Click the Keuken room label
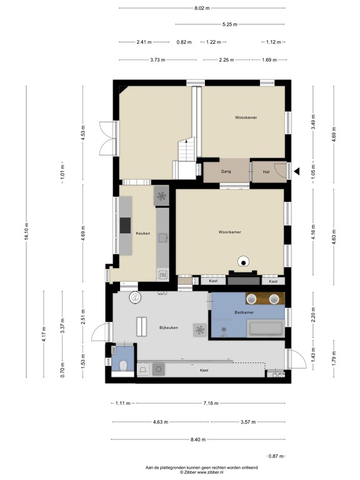coord(143,233)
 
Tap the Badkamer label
coord(244,312)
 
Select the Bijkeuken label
coord(169,327)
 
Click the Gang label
coord(226,171)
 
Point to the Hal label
coord(266,172)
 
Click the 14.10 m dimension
coord(26,231)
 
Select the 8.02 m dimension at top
coord(202,8)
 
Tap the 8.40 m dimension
coord(198,439)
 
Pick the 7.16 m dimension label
coord(211,403)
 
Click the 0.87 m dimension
coord(276,456)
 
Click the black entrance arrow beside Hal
coord(296,171)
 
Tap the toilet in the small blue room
coord(123,366)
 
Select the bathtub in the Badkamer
coord(266,329)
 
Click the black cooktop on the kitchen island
coord(125,225)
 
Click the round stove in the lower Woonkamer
coord(243,262)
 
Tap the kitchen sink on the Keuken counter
coord(162,237)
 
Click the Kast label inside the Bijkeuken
coord(204,371)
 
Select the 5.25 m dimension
coord(230,24)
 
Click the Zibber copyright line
coord(202,472)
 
